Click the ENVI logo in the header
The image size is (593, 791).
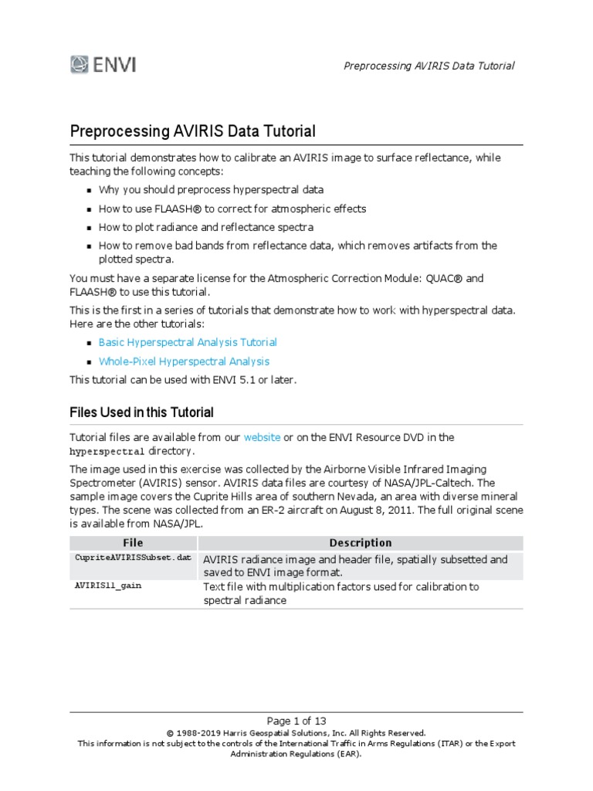[x=103, y=64]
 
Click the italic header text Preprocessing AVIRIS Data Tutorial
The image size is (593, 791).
[x=429, y=66]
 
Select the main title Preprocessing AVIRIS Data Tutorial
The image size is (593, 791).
[x=192, y=131]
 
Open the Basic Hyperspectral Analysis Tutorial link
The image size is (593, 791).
[x=188, y=342]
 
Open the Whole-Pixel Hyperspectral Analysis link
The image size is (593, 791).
[x=184, y=362]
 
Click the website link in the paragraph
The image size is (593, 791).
[x=262, y=437]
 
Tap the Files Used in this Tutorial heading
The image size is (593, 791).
[x=141, y=412]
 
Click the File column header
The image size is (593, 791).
[x=133, y=543]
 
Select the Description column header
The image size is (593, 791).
[x=360, y=543]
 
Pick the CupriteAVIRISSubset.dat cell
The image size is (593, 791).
[x=132, y=558]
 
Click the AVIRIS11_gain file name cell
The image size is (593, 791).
[x=108, y=586]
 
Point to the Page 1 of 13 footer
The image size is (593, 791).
[x=296, y=721]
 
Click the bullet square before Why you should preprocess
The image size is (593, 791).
[x=90, y=190]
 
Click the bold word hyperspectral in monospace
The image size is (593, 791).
[x=107, y=451]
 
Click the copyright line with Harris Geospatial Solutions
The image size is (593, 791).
[x=296, y=733]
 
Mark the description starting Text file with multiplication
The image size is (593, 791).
[x=340, y=593]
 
